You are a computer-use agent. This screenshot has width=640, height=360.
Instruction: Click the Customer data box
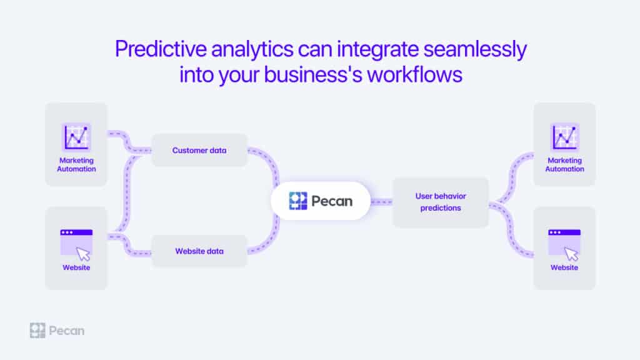coord(199,150)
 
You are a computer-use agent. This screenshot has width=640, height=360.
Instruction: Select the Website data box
coord(199,251)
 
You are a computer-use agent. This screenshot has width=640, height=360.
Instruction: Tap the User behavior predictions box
coord(441,202)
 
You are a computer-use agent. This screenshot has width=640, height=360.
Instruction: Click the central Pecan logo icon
coord(298,201)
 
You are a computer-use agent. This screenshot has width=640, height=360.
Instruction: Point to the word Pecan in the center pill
coord(332,201)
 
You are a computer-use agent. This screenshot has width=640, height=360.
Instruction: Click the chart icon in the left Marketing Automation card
coord(76,137)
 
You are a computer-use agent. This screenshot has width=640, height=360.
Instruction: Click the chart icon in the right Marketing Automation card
coord(564,137)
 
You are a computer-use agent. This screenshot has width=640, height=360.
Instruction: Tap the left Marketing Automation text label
coord(76,164)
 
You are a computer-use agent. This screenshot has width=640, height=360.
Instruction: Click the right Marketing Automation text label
coord(564,164)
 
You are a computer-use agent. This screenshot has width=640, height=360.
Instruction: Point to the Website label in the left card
coord(76,267)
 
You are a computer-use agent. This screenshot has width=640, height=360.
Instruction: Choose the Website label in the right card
coord(564,267)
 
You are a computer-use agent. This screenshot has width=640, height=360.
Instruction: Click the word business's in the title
coord(313,75)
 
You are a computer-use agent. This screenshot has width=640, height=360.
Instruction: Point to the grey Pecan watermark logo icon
coord(37,331)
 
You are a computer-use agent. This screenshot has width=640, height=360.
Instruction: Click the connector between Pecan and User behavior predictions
coord(381,202)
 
